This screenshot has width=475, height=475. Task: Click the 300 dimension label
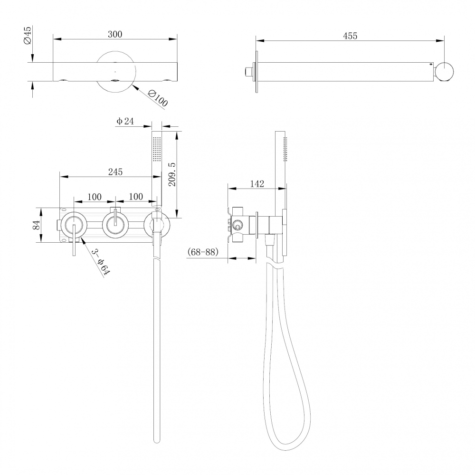[x=115, y=34]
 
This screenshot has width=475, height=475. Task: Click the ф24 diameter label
[x=125, y=122]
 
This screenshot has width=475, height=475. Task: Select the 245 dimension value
[x=115, y=171]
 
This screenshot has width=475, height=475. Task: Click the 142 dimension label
[x=256, y=184]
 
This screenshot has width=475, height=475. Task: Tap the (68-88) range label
[x=203, y=252]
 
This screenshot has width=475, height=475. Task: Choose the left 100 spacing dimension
[x=95, y=196]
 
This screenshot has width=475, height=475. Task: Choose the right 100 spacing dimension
[x=136, y=196]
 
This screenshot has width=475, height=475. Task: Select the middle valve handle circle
[x=115, y=224]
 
